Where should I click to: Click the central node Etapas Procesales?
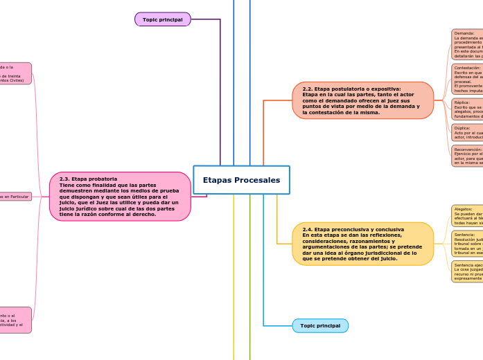241,180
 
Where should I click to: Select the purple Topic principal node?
162,20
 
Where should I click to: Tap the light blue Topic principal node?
319,325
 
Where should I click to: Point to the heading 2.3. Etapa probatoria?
88,179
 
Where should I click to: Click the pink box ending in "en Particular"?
15,197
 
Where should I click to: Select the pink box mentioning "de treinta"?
15,73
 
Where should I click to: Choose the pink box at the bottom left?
15,320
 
